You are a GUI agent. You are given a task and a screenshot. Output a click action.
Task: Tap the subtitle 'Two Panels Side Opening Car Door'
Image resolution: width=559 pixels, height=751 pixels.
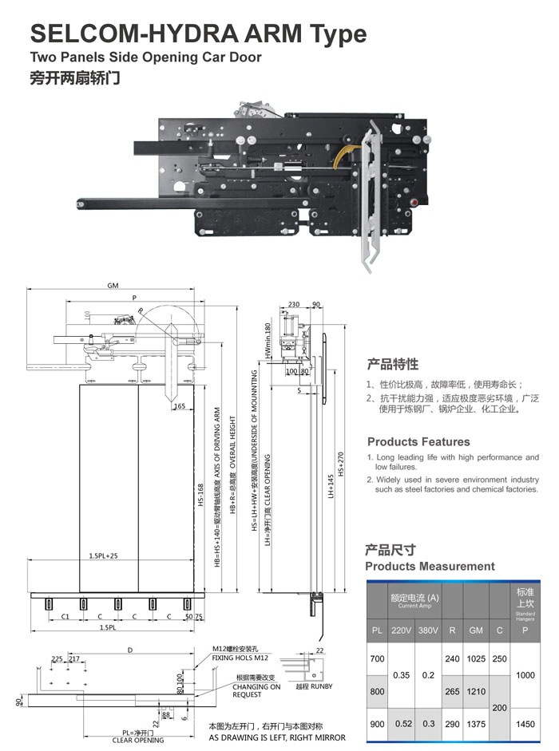(145, 57)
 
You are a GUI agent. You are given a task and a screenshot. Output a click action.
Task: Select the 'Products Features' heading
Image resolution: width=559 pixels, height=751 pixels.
(418, 441)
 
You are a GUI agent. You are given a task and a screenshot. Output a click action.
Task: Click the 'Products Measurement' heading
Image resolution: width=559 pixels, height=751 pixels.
(430, 566)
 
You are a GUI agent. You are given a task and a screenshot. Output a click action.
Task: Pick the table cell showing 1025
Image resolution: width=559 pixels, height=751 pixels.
(476, 659)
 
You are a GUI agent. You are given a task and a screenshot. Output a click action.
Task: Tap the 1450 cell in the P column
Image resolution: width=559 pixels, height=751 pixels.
(525, 724)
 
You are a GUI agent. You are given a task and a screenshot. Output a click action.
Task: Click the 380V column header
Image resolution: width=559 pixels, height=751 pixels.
(428, 630)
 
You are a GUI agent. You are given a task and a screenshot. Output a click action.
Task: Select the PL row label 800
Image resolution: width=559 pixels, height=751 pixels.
(378, 691)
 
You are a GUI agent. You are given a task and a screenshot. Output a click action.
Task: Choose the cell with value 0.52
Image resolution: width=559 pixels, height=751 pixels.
(402, 724)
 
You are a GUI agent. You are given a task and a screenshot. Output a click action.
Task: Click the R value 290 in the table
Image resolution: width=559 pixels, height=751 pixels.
(452, 724)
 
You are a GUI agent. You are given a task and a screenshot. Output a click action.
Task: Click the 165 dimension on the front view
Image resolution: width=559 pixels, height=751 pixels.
(179, 406)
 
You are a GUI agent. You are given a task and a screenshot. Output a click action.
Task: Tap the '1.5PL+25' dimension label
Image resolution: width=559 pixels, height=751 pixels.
(104, 555)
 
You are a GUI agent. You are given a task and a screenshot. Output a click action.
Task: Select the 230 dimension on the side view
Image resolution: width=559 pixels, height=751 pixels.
(293, 304)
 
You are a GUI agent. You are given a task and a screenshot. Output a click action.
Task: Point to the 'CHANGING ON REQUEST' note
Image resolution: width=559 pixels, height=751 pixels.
(256, 690)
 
